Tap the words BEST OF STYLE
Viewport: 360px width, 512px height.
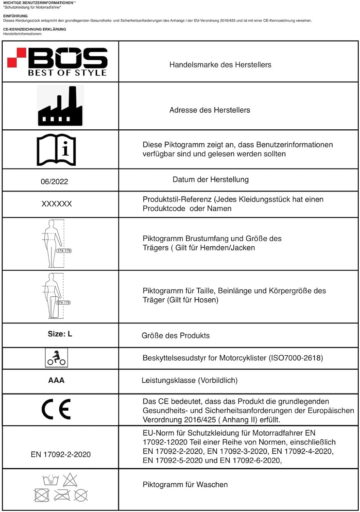coord(67,73)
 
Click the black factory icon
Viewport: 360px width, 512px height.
coord(60,106)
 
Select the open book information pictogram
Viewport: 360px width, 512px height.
coord(56,150)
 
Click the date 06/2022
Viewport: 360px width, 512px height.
coord(54,182)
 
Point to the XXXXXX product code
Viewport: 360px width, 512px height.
coord(57,204)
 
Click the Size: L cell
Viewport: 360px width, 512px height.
coord(60,334)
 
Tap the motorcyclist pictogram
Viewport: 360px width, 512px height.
coord(56,358)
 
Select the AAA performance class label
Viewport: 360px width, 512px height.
coord(56,380)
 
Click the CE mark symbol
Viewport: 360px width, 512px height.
coord(56,409)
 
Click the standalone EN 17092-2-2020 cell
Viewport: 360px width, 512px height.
coord(61,454)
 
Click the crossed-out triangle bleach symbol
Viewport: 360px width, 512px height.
coord(70,480)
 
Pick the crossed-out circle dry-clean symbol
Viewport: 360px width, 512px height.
coord(81,495)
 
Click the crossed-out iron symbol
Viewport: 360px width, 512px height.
coord(62,495)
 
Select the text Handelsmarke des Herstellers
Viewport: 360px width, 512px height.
coord(220,65)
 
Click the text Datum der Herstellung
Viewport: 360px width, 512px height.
coord(211,180)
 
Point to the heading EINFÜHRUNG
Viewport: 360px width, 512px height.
coord(15,16)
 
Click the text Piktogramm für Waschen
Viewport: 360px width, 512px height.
coord(185,485)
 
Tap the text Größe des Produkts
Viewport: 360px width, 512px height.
coord(175,336)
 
